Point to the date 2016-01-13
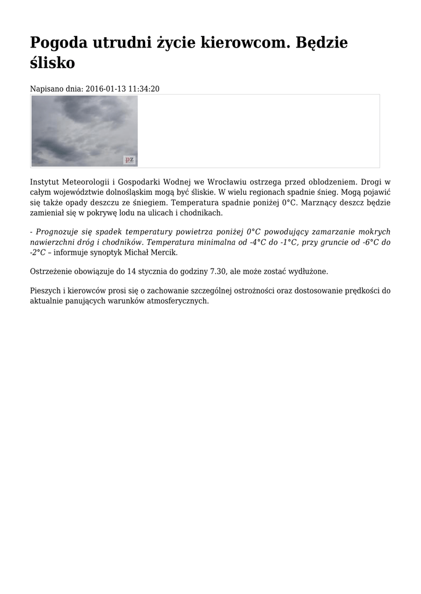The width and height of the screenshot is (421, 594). coord(105,89)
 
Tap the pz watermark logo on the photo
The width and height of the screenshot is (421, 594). coord(129,160)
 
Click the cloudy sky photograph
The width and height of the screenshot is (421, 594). coord(84,131)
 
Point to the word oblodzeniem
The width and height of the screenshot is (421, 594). coord(323,182)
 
